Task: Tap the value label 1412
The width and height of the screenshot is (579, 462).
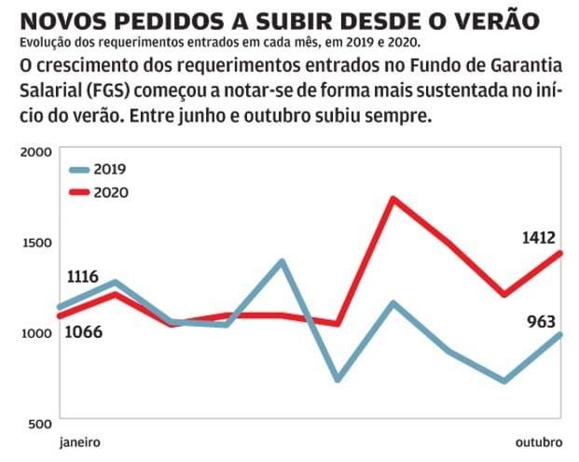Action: tap(540, 238)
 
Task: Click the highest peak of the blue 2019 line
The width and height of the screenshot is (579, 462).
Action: tap(283, 261)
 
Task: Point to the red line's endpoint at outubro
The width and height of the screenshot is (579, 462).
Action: tap(559, 253)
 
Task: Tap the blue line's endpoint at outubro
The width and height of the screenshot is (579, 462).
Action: tap(559, 334)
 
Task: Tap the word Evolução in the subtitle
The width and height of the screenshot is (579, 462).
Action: tap(42, 43)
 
